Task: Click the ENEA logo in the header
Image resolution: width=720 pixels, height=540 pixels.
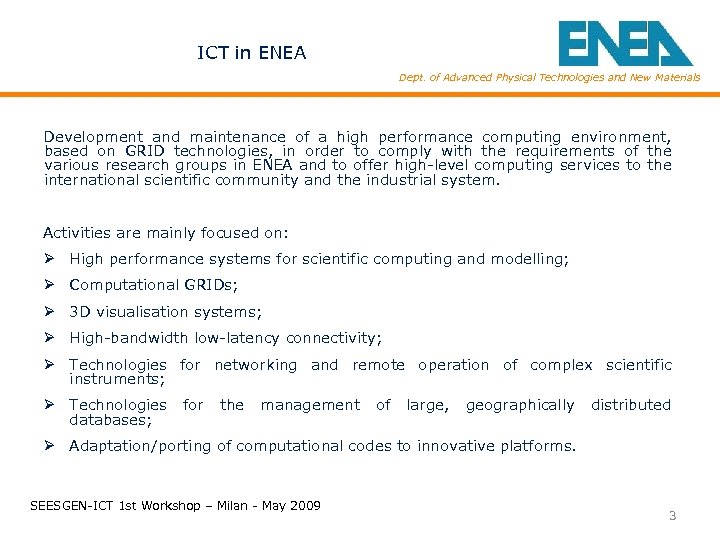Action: click(624, 43)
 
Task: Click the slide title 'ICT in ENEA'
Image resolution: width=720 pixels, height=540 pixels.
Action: click(251, 53)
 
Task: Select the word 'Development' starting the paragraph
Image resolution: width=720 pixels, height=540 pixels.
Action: click(93, 137)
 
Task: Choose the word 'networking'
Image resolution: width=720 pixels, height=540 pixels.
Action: click(255, 365)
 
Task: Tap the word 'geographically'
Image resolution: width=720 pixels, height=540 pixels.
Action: click(520, 405)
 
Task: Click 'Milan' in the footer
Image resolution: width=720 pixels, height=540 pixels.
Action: click(215, 506)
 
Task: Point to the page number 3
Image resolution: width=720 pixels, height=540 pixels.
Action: click(672, 516)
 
